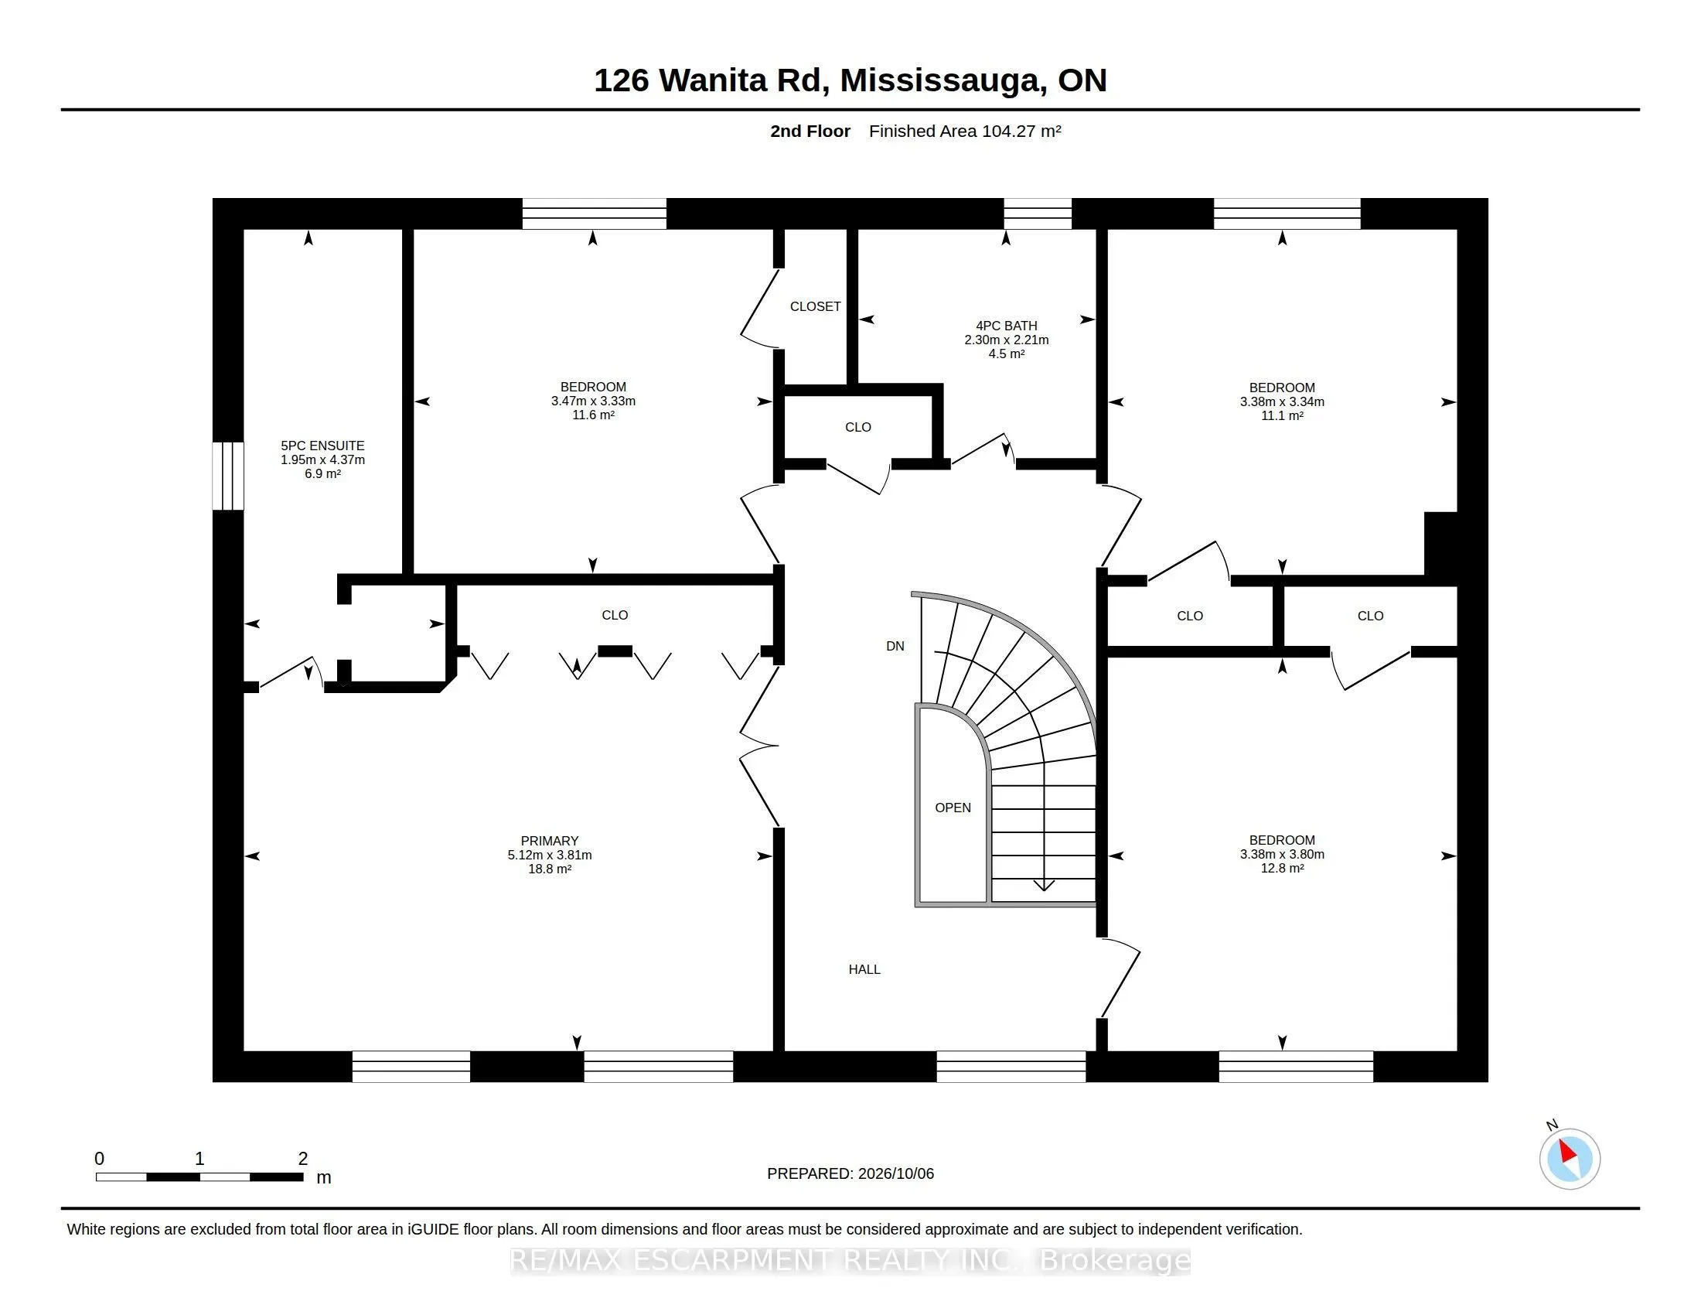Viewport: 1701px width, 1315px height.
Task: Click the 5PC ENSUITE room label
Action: tap(322, 446)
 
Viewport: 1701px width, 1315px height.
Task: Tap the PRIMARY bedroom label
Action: tap(549, 841)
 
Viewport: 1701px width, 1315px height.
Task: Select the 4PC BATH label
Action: tap(1006, 326)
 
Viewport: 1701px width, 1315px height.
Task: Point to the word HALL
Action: tap(864, 969)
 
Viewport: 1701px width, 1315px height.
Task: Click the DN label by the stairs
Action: tap(895, 646)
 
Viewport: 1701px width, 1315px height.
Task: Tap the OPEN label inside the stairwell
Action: tap(953, 808)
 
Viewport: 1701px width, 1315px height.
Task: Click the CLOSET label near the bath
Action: tap(816, 306)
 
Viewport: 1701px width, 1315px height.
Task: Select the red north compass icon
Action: tap(1570, 1159)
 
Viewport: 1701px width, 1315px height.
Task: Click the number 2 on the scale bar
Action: tap(303, 1159)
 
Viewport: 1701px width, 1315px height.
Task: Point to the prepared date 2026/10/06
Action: tap(895, 1173)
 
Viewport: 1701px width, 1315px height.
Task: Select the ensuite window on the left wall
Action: tap(228, 476)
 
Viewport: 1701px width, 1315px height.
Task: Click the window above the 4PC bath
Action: tap(1038, 213)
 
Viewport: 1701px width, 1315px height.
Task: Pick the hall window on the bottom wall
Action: tap(1011, 1067)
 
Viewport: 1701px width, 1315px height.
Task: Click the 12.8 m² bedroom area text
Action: tap(1282, 868)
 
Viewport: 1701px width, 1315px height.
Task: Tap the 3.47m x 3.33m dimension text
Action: tap(594, 401)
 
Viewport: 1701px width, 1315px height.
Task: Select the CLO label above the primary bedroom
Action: tap(615, 615)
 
